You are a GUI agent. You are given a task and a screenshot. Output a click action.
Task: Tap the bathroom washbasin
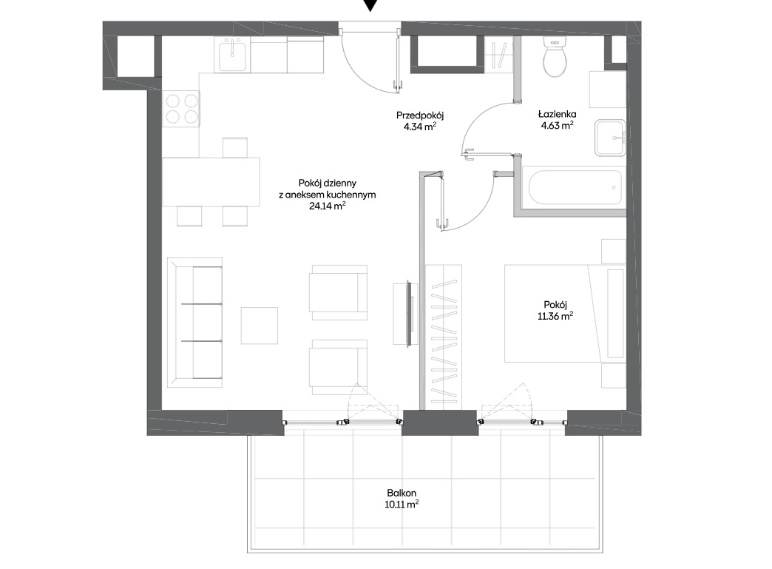(x=610, y=138)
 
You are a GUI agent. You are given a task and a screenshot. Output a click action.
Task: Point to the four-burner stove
(x=180, y=108)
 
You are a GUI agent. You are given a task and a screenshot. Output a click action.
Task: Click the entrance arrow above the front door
(x=370, y=5)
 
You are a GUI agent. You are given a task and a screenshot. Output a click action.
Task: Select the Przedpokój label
(x=420, y=115)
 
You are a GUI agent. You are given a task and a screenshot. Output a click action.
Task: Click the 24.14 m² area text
(x=327, y=206)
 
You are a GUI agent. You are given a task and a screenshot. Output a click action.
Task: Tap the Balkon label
(x=402, y=493)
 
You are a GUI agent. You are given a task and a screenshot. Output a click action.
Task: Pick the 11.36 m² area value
(x=555, y=316)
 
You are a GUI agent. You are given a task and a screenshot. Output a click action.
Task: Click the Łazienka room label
(x=557, y=114)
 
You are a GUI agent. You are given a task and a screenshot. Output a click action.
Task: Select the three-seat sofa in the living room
(x=194, y=322)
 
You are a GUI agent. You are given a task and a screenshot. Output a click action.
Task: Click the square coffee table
(x=259, y=326)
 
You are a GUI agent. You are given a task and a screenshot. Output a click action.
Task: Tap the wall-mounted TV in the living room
(x=408, y=314)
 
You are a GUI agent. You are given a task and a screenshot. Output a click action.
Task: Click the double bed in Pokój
(x=565, y=313)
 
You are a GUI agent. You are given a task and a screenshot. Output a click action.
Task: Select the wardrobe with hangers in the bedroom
(x=443, y=337)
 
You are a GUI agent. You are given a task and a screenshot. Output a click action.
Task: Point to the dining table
(x=211, y=182)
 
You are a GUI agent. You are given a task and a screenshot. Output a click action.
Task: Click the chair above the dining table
(x=235, y=147)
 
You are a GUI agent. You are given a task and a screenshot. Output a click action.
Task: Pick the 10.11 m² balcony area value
(x=402, y=505)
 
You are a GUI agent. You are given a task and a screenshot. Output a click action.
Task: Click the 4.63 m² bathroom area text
(x=557, y=126)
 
